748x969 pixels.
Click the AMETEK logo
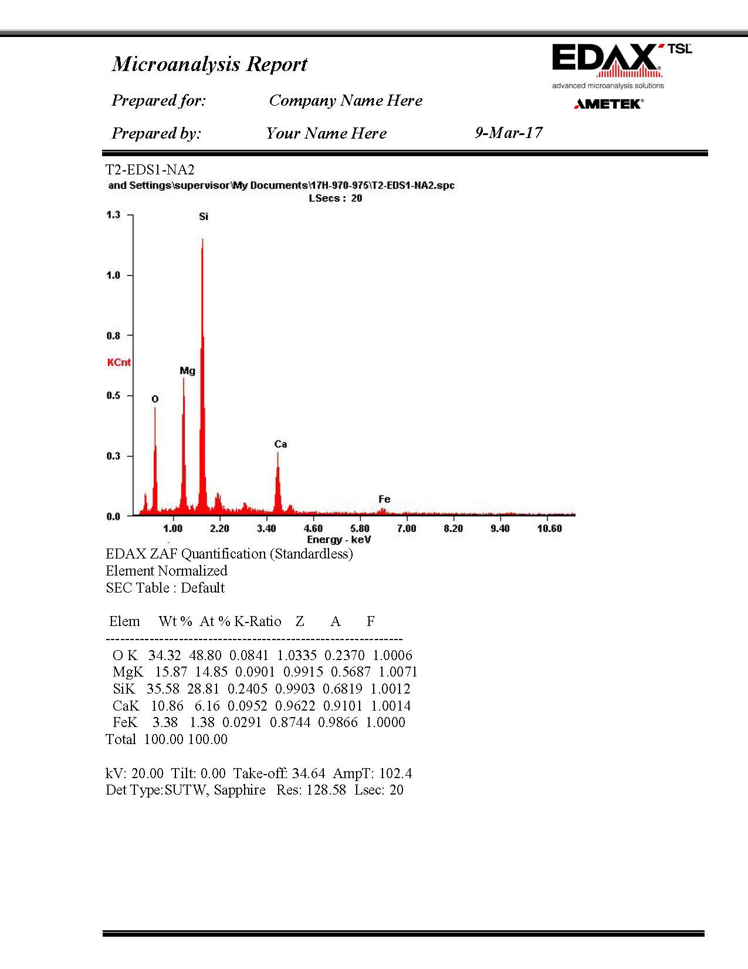[x=608, y=104]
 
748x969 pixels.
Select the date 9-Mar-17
[x=509, y=133]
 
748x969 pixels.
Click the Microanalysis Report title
[x=209, y=63]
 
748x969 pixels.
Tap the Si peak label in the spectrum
[x=204, y=217]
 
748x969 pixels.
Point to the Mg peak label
[x=187, y=371]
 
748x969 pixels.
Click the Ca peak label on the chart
[x=280, y=444]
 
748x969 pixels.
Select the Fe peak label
[x=384, y=499]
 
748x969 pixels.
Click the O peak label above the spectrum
[x=155, y=399]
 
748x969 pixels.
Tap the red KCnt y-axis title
[x=119, y=362]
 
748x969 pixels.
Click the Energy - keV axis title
[x=339, y=540]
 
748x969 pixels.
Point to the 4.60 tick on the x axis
[x=313, y=529]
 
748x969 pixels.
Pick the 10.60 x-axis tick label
[x=549, y=529]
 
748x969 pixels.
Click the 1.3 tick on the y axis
[x=113, y=215]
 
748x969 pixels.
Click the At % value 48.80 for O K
[x=205, y=655]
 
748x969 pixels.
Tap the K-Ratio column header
[x=258, y=621]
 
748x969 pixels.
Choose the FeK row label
[x=125, y=722]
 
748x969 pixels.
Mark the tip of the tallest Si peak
[x=202, y=238]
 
